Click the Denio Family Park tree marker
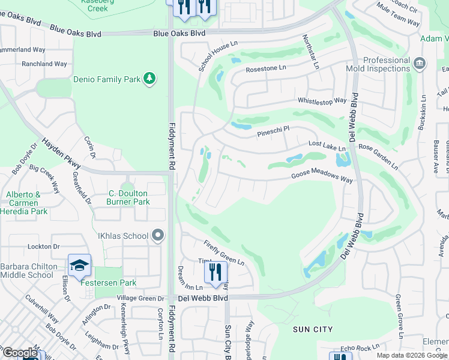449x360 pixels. (x=149, y=79)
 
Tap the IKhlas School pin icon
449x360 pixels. (x=158, y=236)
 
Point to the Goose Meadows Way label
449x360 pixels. (x=322, y=176)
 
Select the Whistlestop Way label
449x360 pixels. (x=321, y=101)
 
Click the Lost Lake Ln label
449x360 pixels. (x=327, y=145)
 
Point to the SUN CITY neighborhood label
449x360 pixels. (x=313, y=329)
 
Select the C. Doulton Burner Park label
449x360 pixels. (x=128, y=197)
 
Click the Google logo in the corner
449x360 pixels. (x=20, y=353)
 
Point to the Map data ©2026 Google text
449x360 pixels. (x=412, y=355)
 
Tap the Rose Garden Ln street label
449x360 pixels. (x=378, y=154)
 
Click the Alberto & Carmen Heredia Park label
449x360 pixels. (x=23, y=203)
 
